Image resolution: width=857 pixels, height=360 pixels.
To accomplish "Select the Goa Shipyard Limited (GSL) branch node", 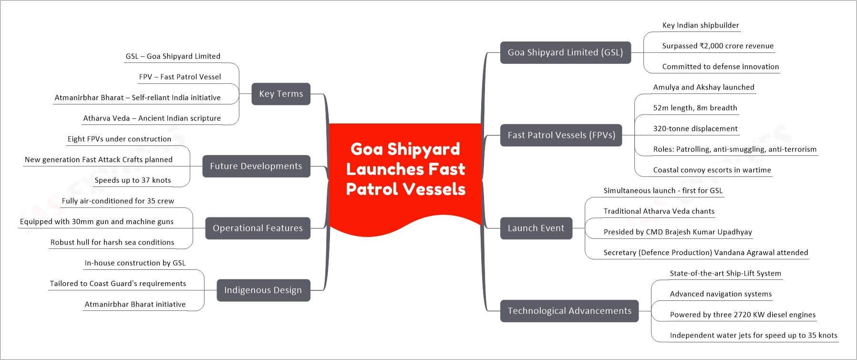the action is click(x=565, y=52).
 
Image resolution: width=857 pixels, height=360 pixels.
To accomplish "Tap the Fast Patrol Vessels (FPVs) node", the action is click(x=561, y=135).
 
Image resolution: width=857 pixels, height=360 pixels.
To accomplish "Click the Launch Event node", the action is click(x=536, y=228).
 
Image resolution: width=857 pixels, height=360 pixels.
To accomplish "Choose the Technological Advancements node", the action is click(x=569, y=311).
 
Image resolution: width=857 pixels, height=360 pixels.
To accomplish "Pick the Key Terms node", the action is click(x=281, y=94).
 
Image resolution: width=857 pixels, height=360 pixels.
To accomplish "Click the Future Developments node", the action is click(x=256, y=166).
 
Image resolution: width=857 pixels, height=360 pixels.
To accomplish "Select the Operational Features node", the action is click(x=258, y=228).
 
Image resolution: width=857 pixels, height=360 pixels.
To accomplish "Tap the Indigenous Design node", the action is click(x=263, y=290).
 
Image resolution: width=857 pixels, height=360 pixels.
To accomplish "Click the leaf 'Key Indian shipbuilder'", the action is click(x=701, y=25).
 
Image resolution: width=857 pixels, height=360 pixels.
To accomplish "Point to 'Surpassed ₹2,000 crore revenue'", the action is click(x=718, y=46).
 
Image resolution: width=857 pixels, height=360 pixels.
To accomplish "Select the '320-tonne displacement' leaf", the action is click(x=695, y=128).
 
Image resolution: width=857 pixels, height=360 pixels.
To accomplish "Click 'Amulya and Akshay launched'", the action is click(x=704, y=87).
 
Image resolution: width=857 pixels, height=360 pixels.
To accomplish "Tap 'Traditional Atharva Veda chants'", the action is click(x=659, y=211).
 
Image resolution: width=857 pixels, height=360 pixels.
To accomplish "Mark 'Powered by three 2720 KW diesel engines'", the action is click(x=743, y=315).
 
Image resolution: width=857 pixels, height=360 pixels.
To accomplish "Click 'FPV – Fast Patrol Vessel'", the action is click(x=180, y=77).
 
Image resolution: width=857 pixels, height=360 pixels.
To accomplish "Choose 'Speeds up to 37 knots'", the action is click(x=133, y=180).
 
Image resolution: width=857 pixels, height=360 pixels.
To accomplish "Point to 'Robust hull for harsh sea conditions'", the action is click(x=112, y=242).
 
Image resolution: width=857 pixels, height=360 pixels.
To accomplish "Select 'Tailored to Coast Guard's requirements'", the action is click(x=118, y=284).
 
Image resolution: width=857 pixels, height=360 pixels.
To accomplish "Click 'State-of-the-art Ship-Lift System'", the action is click(x=725, y=273).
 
